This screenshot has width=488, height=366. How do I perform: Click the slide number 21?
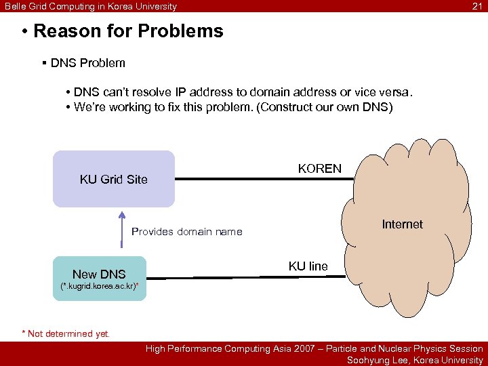coord(476,7)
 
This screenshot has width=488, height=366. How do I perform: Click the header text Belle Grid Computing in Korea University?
coord(91,7)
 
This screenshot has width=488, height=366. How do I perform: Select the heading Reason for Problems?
coord(127,31)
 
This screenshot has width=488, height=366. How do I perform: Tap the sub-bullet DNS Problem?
coord(87,63)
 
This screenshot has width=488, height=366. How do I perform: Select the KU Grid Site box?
coord(113,179)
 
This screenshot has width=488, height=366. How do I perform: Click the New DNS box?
coord(99,274)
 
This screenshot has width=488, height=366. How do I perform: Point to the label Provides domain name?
coord(186,232)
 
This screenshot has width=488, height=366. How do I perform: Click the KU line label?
coord(308,266)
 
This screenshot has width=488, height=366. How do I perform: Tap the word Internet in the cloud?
coord(402,224)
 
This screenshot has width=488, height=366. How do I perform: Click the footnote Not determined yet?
coord(68,333)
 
